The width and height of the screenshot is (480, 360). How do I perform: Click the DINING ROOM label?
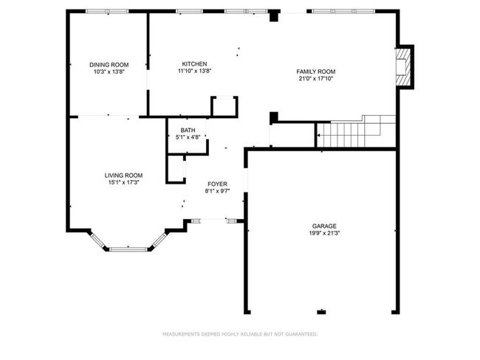(x=109, y=65)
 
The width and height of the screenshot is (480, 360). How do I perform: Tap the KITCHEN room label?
(x=194, y=64)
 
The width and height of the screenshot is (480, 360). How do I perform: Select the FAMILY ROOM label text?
(x=315, y=72)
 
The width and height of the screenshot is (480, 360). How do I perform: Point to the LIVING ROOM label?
(x=123, y=176)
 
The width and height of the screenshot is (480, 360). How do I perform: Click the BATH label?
(x=188, y=131)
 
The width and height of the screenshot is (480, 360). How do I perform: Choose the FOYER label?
(x=217, y=184)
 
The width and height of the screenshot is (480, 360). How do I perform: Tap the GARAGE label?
(x=324, y=226)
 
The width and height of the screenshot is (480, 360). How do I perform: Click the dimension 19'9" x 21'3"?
(x=324, y=233)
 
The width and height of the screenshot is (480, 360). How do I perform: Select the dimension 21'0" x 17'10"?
(x=315, y=79)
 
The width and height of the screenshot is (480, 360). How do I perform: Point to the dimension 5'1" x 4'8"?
(x=188, y=137)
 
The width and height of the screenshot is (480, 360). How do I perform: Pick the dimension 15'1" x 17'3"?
(x=123, y=183)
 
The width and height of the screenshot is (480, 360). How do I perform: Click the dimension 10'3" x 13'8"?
(x=109, y=72)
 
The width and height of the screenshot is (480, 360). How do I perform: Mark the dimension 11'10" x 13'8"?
(x=195, y=71)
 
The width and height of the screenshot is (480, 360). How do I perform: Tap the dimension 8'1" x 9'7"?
(x=217, y=191)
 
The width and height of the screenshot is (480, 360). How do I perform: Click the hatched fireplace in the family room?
(x=403, y=67)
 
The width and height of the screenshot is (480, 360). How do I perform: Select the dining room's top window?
(x=107, y=11)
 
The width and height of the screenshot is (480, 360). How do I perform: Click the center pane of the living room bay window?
(x=128, y=249)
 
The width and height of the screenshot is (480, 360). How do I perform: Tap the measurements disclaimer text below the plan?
(x=240, y=334)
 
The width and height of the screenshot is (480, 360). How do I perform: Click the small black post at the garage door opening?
(x=321, y=312)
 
